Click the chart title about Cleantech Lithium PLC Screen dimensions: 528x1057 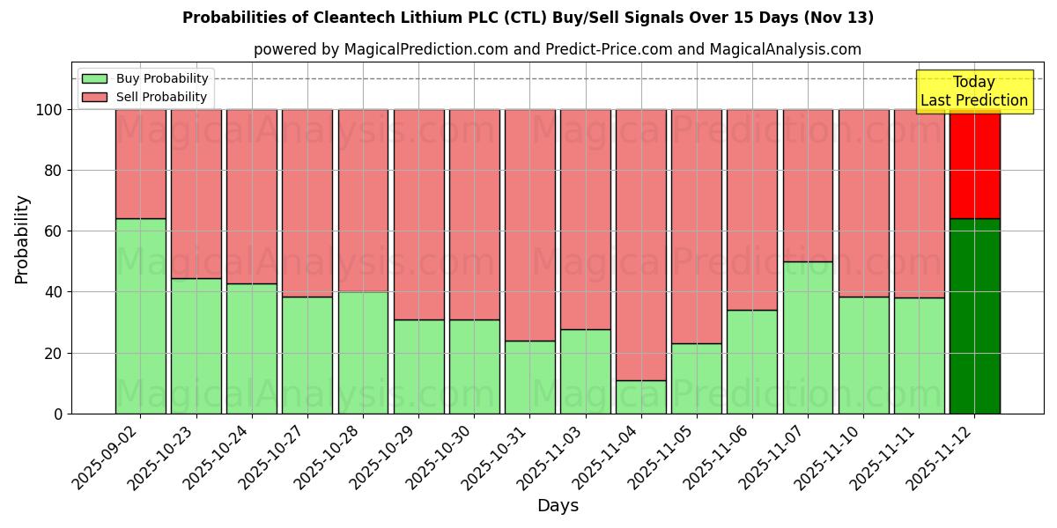(x=528, y=18)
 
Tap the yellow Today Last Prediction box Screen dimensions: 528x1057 (x=973, y=92)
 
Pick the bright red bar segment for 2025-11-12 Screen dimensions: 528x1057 (x=974, y=164)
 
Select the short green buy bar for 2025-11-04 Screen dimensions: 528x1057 (x=641, y=397)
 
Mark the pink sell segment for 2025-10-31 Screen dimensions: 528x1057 (x=530, y=224)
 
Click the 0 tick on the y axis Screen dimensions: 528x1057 (x=58, y=414)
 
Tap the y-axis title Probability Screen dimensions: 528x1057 (x=22, y=239)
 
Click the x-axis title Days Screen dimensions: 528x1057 (x=558, y=506)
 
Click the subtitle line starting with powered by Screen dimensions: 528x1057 (x=557, y=49)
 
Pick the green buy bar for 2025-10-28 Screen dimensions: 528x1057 (x=363, y=352)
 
